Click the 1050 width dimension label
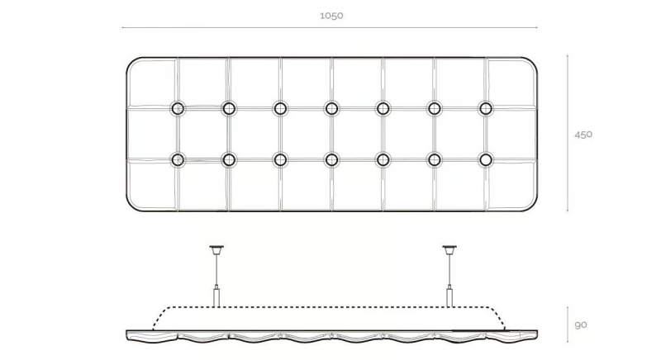[331, 16]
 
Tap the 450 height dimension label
[583, 135]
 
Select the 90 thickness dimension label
[581, 325]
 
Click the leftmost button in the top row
[178, 108]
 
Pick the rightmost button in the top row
[486, 108]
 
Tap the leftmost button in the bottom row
[178, 159]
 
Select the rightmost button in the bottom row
[486, 159]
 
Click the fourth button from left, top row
[332, 108]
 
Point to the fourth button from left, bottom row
[332, 159]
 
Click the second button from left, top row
[229, 108]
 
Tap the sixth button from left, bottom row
[435, 159]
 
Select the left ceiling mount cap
[216, 249]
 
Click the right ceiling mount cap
[449, 249]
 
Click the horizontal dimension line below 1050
[330, 28]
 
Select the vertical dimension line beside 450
[568, 133]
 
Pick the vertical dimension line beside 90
[568, 324]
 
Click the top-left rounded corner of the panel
[131, 61]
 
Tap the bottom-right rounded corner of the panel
[533, 206]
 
